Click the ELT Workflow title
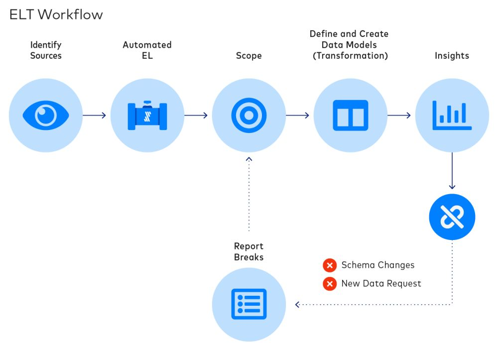coord(56,14)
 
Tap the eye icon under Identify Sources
coord(46,116)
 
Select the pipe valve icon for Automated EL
coord(147,116)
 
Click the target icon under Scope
coord(249,116)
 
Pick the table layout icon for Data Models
coord(351,116)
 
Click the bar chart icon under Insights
coord(452,116)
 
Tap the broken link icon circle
coord(452,217)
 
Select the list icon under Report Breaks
coord(249,304)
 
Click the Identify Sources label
coord(46,50)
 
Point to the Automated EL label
coord(147,50)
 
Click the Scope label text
coord(249,56)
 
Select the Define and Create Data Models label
coord(350,45)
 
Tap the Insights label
coord(452,56)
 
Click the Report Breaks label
coord(249,251)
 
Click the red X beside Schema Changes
coord(329,265)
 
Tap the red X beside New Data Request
coord(329,284)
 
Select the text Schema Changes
coord(377,265)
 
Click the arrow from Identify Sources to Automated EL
coord(95,116)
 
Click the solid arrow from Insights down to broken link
coord(452,172)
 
